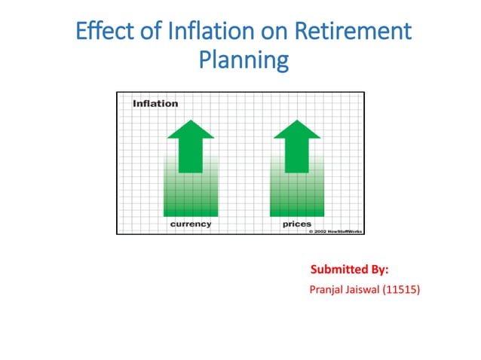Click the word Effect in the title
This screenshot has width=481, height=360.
click(x=102, y=32)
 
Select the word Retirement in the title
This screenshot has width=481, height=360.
click(x=355, y=32)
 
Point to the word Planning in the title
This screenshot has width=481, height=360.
click(x=243, y=59)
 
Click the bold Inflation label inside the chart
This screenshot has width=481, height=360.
click(x=155, y=103)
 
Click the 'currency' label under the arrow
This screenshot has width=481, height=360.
click(x=191, y=224)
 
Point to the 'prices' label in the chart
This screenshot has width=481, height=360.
click(x=297, y=224)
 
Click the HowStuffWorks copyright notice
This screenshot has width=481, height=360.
click(x=336, y=231)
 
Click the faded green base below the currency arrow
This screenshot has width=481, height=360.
click(x=191, y=197)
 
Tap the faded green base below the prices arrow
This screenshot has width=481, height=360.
click(x=297, y=197)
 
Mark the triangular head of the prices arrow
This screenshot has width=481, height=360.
click(x=297, y=130)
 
